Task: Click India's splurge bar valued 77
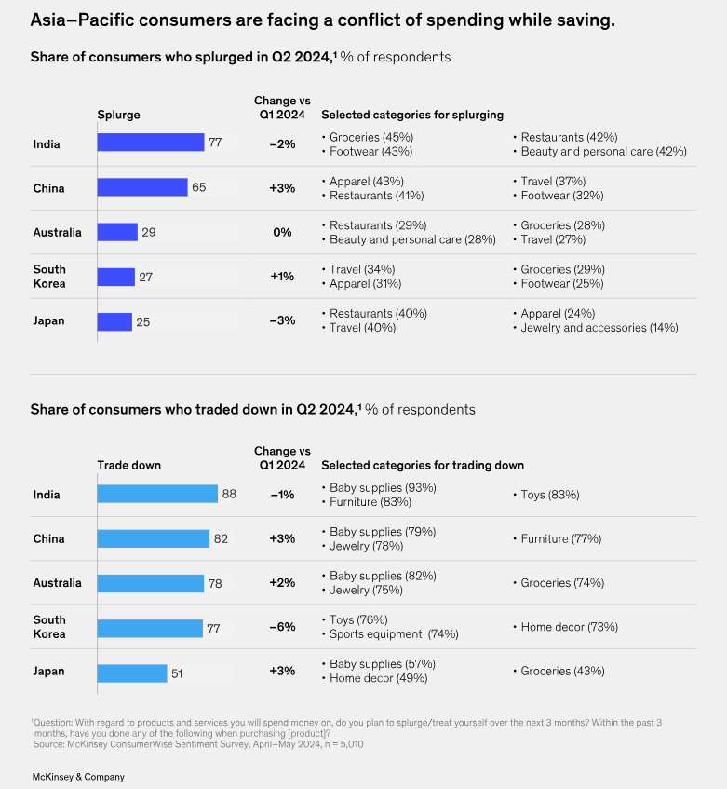[151, 143]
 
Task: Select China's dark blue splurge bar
[142, 187]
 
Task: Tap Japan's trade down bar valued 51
[132, 673]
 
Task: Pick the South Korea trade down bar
[150, 628]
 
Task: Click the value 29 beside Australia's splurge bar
[149, 232]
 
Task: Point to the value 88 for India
[229, 494]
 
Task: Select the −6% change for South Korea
[283, 627]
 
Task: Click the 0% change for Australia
[283, 232]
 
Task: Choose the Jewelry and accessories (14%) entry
[599, 328]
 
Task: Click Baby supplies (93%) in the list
[383, 487]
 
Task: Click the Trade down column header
[129, 465]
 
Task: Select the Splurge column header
[119, 115]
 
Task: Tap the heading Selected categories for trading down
[423, 465]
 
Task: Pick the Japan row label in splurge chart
[48, 320]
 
